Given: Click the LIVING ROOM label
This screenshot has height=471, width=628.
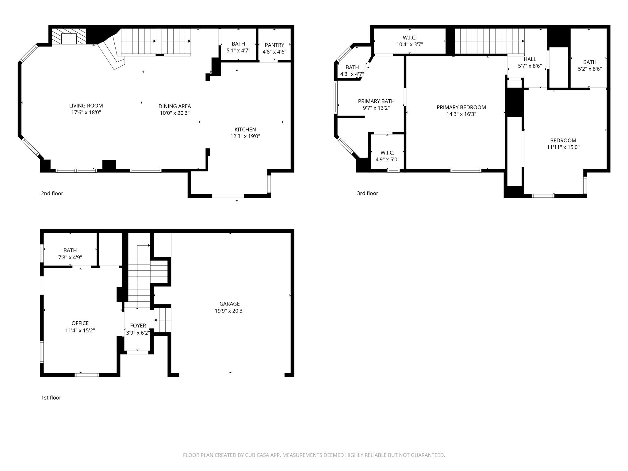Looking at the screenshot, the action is coord(86,106).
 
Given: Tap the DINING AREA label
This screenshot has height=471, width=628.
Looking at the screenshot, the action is coord(174,106).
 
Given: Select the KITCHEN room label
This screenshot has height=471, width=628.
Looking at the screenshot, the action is coord(245,130).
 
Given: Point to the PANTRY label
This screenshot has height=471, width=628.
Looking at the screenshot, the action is coord(274,45).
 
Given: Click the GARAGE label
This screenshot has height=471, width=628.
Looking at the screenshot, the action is coord(229,304).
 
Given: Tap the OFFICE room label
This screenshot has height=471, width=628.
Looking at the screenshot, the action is coord(80,323).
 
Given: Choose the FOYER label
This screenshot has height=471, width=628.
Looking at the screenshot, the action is coord(138,326).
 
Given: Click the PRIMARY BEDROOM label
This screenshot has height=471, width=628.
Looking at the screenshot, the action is coord(461,107).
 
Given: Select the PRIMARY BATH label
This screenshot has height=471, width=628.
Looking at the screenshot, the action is coord(376,101).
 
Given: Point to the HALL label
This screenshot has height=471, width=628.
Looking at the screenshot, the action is coord(530,59).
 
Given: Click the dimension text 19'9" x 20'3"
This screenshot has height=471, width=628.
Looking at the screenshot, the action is coord(229,311).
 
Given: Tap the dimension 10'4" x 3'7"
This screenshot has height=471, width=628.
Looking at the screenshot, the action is coord(410,44).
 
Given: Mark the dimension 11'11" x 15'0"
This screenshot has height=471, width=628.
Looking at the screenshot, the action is coord(563,147).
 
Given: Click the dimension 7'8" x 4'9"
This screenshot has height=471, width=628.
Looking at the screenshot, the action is coord(70,258).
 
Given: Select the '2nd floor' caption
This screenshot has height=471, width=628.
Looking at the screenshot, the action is coord(52,193).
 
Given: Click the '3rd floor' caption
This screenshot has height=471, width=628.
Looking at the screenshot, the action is coord(367,193).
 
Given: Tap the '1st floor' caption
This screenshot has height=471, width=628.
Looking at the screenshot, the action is coord(51,398).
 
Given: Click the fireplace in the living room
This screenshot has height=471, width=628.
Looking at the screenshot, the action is coord(69,36).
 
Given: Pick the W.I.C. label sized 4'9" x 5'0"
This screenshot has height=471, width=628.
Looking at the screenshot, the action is coord(387,153).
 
